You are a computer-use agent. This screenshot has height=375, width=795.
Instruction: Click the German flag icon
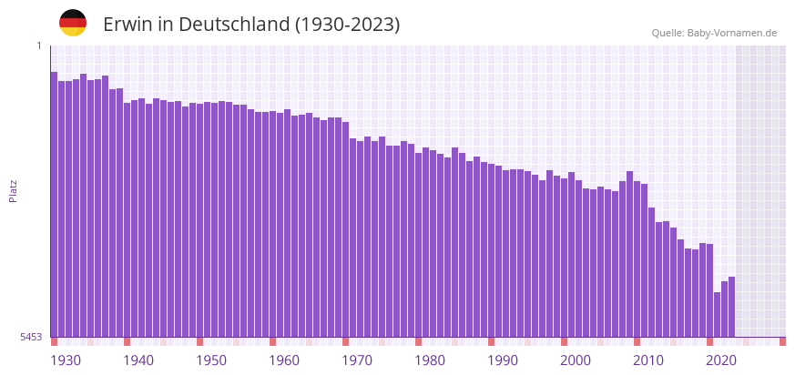(x=73, y=23)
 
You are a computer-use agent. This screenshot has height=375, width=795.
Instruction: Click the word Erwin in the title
(x=128, y=25)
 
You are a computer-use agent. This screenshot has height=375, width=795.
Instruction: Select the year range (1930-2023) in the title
(x=347, y=25)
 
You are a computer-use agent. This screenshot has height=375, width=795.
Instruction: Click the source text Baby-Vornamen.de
(x=732, y=33)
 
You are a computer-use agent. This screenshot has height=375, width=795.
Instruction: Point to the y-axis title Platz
(x=13, y=190)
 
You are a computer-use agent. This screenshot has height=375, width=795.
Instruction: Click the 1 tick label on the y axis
(x=39, y=46)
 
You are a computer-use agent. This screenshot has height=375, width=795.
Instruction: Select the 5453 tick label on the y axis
(x=31, y=337)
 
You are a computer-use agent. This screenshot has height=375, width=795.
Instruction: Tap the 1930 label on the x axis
(x=66, y=360)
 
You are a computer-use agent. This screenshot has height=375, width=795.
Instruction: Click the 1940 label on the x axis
(x=138, y=360)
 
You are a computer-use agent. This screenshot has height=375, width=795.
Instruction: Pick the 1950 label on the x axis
(x=211, y=360)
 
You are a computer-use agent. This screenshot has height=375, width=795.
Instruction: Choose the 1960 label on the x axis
(x=284, y=360)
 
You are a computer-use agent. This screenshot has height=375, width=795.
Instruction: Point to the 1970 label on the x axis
(x=357, y=360)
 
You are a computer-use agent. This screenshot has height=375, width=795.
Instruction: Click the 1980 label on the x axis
(x=430, y=360)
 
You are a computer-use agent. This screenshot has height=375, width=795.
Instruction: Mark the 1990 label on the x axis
(x=503, y=360)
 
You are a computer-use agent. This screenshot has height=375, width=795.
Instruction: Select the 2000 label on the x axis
(x=576, y=360)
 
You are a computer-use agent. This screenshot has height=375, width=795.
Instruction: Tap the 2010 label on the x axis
(x=648, y=360)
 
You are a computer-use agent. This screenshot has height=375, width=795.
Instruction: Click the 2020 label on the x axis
(x=721, y=360)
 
